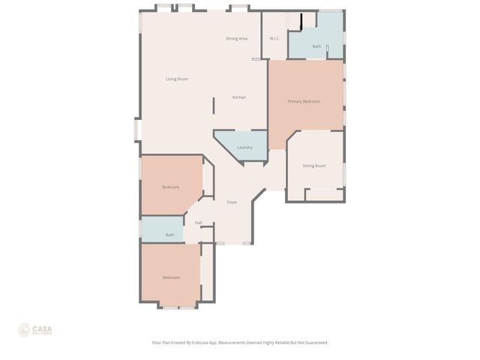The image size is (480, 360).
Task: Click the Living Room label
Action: coord(177,79)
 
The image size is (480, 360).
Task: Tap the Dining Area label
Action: coord(237,38)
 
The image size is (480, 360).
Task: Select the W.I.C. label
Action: coord(274,38)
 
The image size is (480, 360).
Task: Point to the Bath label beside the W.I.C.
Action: coord(316,46)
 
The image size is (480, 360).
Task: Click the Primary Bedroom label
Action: coord(304,101)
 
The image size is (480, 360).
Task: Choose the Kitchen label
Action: coord(238,97)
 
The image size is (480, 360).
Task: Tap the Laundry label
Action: coord(244,147)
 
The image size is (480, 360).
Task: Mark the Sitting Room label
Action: coord(313,165)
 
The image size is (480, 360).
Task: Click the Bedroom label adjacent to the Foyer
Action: coord(171,187)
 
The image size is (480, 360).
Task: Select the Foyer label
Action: coord(232,202)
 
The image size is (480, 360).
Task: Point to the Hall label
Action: coord(198,223)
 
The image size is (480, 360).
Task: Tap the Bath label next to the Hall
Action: coord(170,235)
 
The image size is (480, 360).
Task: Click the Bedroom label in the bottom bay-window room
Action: coord(171,277)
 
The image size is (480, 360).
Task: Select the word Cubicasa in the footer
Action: coord(202,342)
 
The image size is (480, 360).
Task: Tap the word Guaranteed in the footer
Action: coord(313,342)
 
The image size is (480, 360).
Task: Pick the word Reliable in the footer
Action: coord(280,342)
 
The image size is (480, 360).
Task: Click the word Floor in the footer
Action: coord(157,342)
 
